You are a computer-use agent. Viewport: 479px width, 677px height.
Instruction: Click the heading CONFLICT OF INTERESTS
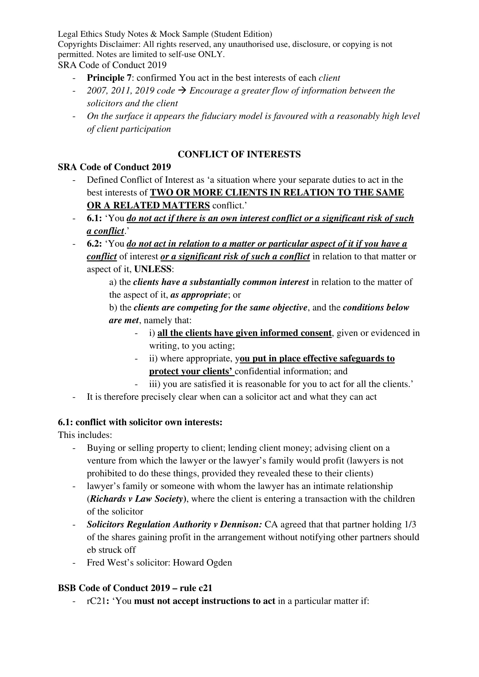pyautogui.click(x=239, y=154)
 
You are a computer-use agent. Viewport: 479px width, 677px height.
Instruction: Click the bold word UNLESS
pyautogui.click(x=153, y=269)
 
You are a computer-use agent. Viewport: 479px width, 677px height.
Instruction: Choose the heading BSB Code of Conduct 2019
pyautogui.click(x=113, y=588)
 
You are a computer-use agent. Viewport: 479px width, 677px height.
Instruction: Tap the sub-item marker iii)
pyautogui.click(x=155, y=384)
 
